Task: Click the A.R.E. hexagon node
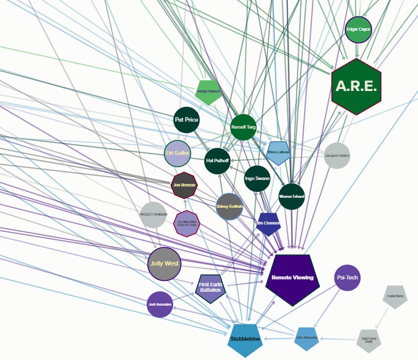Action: [x=356, y=87]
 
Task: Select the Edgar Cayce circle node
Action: [x=358, y=30]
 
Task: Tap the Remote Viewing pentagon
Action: [x=292, y=278]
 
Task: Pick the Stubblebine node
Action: [x=245, y=340]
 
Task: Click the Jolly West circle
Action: [x=165, y=264]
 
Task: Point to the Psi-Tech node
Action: [x=347, y=278]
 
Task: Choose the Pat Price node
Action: [x=186, y=120]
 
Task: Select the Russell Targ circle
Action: [x=243, y=127]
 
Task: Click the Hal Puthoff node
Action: [x=218, y=161]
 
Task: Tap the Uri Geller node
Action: [x=178, y=153]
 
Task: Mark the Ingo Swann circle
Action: [x=257, y=179]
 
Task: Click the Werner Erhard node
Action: [x=292, y=196]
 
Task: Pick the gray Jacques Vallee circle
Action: [x=337, y=156]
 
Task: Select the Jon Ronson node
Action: [x=184, y=185]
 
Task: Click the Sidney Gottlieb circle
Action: [x=230, y=207]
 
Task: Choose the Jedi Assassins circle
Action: [x=160, y=305]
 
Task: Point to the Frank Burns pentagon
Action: [x=395, y=297]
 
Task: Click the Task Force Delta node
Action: [x=370, y=340]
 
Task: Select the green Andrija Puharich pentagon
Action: [x=208, y=92]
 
